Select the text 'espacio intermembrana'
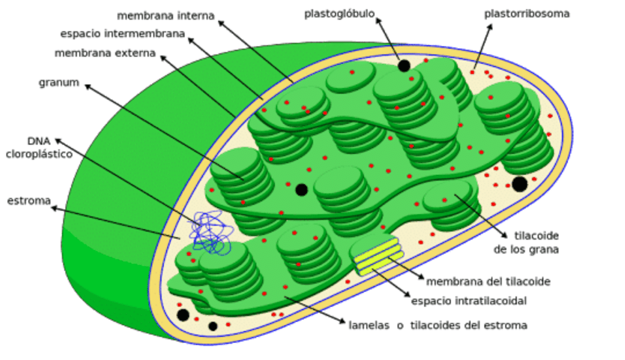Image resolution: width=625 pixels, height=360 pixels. point(123,34)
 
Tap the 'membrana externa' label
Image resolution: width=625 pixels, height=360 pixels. point(105,53)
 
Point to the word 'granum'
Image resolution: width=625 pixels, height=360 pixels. point(58,82)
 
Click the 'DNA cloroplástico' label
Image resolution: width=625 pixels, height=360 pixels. point(39,148)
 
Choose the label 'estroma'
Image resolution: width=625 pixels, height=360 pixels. point(29,201)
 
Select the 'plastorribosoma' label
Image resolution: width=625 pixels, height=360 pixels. point(527,13)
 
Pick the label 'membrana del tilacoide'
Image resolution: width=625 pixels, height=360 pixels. point(488,282)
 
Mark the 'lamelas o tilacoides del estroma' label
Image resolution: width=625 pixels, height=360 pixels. point(438,325)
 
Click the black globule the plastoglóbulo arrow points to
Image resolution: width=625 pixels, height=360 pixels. point(404,65)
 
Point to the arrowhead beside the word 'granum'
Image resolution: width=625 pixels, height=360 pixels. point(87,86)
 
